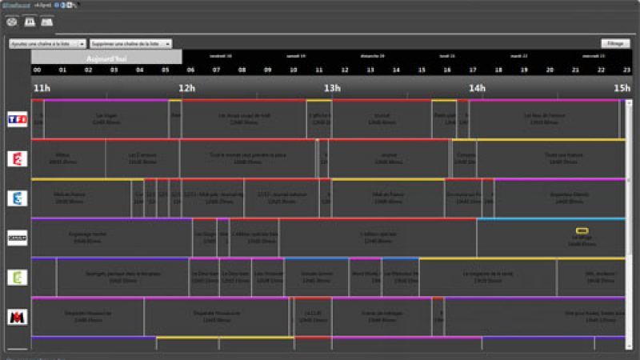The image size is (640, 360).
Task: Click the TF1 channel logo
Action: point(17,118)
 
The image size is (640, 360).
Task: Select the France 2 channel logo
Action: point(17,158)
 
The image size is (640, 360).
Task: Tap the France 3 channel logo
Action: point(17,198)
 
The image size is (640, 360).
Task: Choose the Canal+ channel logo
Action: point(17,238)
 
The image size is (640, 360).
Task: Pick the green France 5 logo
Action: point(17,277)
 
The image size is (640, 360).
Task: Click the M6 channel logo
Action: point(17,317)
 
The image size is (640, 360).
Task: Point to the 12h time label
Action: point(187,88)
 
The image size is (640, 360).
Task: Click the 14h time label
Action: point(477,88)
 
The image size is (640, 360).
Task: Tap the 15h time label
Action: point(622,88)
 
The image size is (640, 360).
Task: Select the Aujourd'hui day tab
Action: point(106,58)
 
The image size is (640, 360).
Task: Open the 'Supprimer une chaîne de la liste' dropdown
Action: point(130,44)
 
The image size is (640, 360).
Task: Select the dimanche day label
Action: point(370,56)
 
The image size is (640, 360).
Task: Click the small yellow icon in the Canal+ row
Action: point(582,231)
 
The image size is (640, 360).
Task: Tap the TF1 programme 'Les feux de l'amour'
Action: point(544,118)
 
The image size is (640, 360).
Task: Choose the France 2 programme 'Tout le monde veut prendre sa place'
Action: point(246,158)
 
